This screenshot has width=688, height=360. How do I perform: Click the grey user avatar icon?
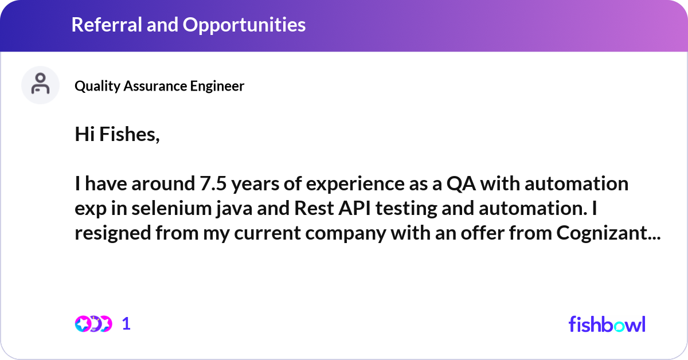[x=40, y=85]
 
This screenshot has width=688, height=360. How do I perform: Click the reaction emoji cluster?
[x=93, y=324]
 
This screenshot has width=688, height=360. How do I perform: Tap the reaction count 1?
[x=126, y=324]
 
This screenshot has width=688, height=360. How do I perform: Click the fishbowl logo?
[x=607, y=324]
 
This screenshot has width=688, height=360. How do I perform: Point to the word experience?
[x=339, y=184]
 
